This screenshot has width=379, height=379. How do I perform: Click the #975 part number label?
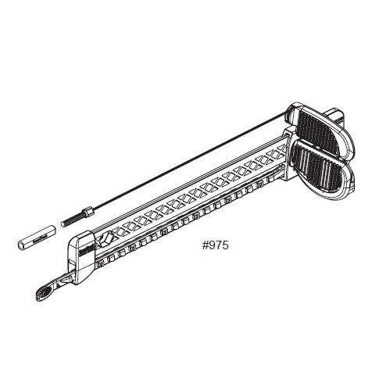[215, 245]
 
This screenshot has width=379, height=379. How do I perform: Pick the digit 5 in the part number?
[225, 245]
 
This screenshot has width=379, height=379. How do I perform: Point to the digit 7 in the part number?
[218, 245]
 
